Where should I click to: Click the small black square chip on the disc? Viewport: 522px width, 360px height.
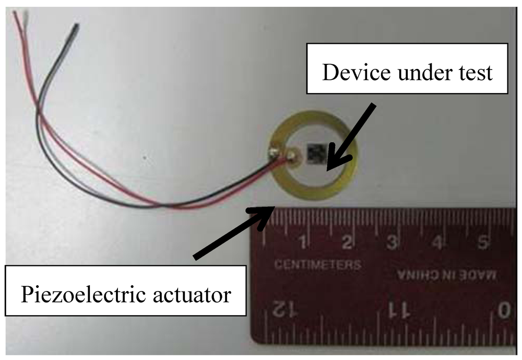tap(315, 152)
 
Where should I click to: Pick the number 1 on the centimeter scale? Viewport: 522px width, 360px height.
tap(302, 242)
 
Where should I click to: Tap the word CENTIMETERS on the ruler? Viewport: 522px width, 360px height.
tap(318, 265)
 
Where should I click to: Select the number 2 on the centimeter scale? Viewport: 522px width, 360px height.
tap(346, 242)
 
